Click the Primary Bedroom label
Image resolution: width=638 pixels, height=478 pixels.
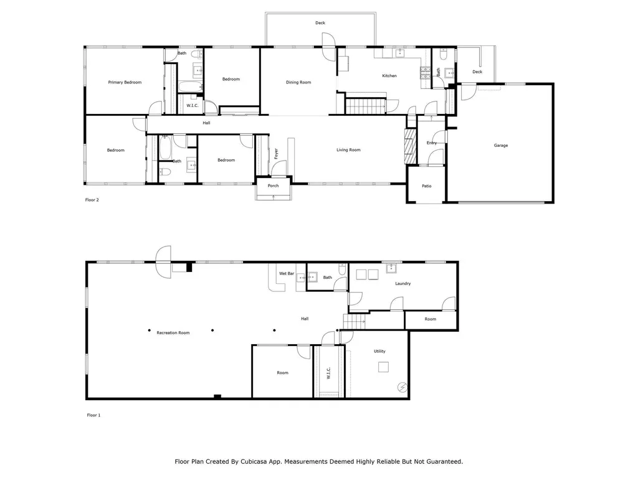pos(125,82)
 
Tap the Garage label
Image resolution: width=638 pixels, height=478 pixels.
pos(500,145)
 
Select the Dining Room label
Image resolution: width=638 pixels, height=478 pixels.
pos(298,82)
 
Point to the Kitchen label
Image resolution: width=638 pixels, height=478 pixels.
pos(389,75)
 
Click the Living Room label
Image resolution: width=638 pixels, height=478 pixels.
pos(348,149)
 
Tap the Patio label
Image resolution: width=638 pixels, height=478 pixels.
pos(426,185)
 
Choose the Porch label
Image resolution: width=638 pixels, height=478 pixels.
pos(273,185)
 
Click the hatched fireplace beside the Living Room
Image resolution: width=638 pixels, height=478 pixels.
pos(411,146)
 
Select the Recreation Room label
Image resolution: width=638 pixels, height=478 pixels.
pos(173,332)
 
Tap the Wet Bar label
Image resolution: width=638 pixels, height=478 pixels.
pos(287,274)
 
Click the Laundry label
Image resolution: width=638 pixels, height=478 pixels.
pos(403,283)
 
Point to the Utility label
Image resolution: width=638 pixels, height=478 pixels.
pos(379,351)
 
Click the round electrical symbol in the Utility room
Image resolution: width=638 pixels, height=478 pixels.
pos(402,387)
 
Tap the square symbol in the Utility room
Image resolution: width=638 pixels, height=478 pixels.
pos(383,367)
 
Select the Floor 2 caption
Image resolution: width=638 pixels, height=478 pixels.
pos(92,200)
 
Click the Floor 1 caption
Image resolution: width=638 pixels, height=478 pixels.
pos(93,415)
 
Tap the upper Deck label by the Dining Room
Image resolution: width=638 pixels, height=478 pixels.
pos(320,23)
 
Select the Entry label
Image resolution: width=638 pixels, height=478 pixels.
pos(431,143)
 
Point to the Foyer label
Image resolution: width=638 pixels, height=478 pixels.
pos(276,153)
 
